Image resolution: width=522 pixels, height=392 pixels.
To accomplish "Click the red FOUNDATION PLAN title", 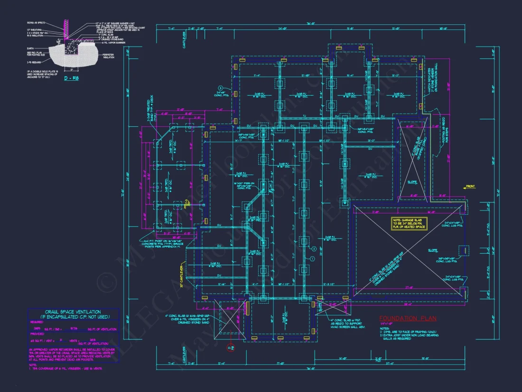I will pos(408,318).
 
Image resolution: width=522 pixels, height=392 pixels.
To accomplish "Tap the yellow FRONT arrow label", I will pos(470,186).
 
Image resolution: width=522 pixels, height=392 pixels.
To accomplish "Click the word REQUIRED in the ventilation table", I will pos(37,322).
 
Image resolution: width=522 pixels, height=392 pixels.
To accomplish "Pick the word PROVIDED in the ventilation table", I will pos(37,335).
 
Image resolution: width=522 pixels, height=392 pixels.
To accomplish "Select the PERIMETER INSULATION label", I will pos(108,57).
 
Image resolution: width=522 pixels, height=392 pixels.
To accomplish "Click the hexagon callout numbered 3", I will pos(221,88).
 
